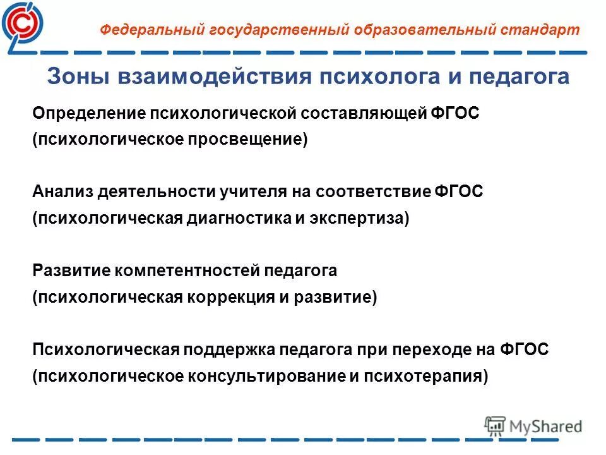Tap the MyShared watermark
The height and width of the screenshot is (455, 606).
point(533,426)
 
